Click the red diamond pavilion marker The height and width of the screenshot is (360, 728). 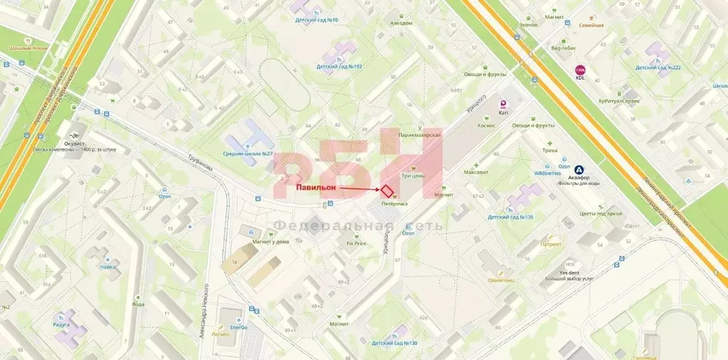coord(386,191)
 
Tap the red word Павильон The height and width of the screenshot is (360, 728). coord(315,188)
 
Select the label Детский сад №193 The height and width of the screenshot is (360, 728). coord(339,66)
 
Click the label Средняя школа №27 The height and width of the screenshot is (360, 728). coord(248,153)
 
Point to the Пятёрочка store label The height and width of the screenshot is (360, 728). coord(394,204)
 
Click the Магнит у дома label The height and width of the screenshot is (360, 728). coord(270,240)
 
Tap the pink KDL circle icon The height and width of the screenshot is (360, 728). coord(580,70)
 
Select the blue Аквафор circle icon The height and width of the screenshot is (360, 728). coord(579,170)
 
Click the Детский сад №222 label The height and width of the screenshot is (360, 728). coord(658,67)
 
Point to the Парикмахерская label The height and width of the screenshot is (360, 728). coord(421,134)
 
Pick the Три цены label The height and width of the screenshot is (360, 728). coord(413,175)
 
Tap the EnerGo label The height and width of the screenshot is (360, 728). coord(238,327)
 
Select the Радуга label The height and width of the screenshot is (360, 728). coord(61,324)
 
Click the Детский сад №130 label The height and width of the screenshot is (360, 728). coord(394,343)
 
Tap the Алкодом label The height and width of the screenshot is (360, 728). coord(401,23)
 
